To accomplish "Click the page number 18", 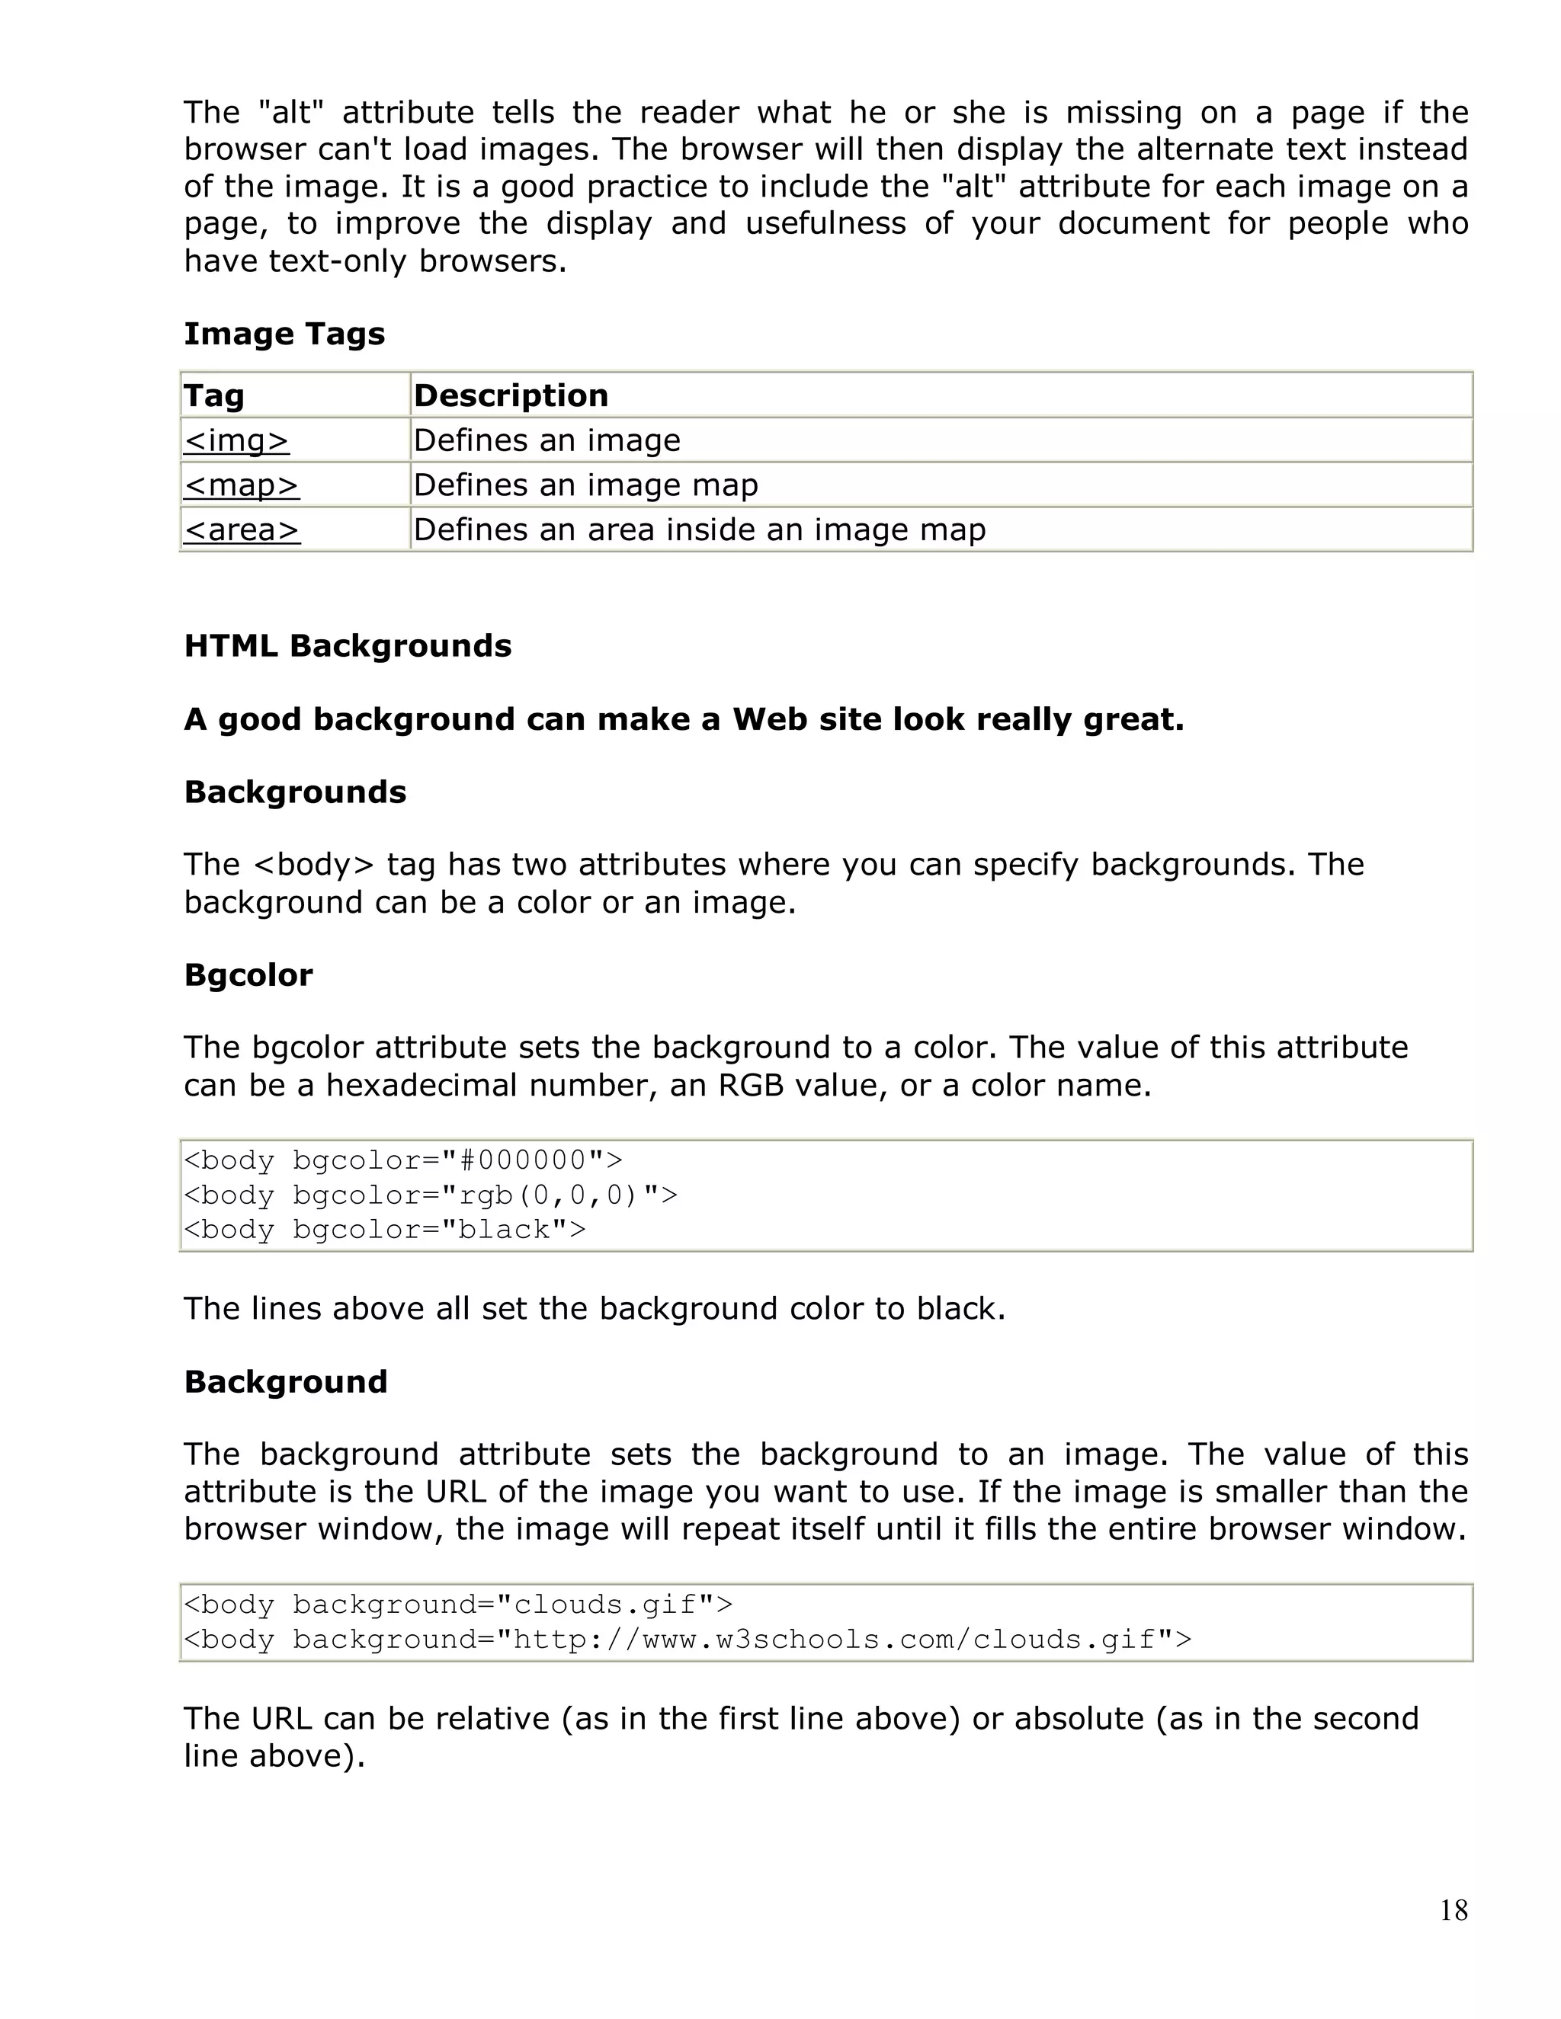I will tap(1453, 1910).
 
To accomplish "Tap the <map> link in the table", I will tap(242, 485).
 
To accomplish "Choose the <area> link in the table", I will tap(242, 530).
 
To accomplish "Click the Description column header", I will tap(511, 395).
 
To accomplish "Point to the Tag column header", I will tap(213, 395).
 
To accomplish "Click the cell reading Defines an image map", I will tap(585, 485).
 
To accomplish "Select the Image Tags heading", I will tap(284, 334).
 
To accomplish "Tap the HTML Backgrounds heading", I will tap(348, 645).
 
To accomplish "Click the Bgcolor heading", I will tap(248, 974).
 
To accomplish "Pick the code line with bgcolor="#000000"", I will tap(403, 1160).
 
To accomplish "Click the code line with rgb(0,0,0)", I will tap(430, 1195).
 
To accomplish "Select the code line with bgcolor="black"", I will tap(385, 1230).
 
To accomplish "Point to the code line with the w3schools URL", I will tap(687, 1639).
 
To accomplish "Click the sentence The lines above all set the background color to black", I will tap(594, 1308).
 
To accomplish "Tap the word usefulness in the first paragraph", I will tap(825, 224).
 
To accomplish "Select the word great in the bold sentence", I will tap(1133, 718).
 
